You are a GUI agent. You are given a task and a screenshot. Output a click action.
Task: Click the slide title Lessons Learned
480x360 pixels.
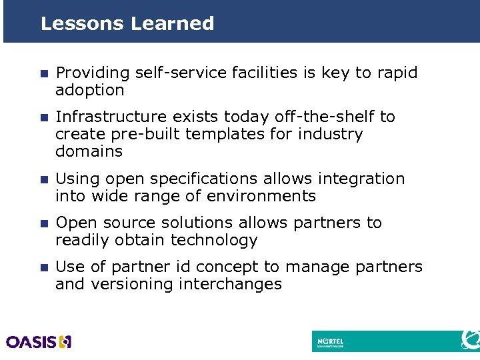127,23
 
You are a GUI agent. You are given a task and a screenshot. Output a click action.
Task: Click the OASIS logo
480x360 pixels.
39,342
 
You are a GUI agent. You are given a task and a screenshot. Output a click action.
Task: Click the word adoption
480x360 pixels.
90,90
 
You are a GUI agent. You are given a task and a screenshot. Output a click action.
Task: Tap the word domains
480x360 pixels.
89,151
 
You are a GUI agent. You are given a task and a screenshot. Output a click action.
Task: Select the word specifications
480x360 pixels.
205,179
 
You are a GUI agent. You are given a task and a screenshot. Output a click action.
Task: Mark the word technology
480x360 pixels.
214,240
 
